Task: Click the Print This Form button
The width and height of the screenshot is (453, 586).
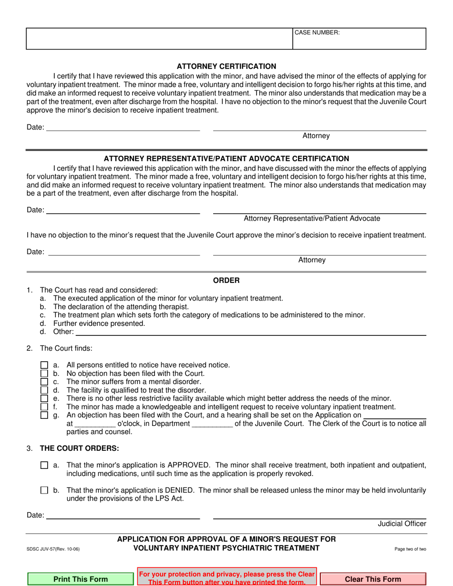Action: [x=81, y=579]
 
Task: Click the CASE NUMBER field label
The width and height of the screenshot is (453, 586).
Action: [x=317, y=32]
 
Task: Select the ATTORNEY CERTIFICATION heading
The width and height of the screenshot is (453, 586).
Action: [x=226, y=66]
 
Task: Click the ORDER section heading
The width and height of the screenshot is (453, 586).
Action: [x=226, y=281]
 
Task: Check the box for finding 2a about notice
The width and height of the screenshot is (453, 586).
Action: [x=44, y=365]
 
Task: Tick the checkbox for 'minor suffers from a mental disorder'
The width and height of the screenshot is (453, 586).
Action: [x=44, y=382]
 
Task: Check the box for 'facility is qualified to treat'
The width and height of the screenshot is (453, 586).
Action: [x=44, y=390]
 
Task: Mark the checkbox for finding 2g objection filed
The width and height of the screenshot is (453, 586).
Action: [x=44, y=415]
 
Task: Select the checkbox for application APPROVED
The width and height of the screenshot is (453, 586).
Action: [x=44, y=465]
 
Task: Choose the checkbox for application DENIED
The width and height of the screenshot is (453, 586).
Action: [x=44, y=490]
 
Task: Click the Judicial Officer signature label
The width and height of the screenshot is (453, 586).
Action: [x=402, y=524]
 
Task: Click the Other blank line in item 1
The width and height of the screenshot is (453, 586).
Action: [x=250, y=332]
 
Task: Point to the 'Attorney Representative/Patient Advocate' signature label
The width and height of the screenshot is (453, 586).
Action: [x=312, y=218]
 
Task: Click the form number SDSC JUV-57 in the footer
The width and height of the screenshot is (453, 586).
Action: [x=53, y=549]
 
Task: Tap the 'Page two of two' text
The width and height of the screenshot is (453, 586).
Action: [x=410, y=549]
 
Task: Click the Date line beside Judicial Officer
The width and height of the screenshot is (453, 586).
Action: [x=123, y=515]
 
